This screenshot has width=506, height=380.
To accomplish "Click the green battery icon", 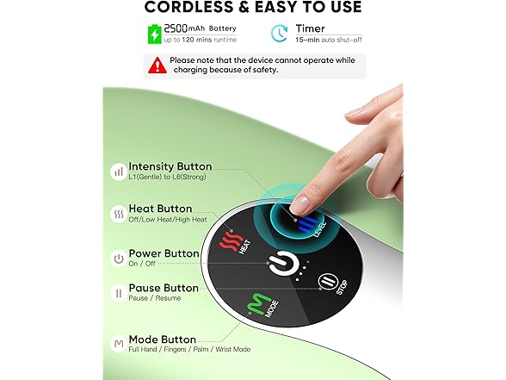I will tap(155, 34).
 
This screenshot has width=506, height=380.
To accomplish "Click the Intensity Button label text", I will tap(170, 166).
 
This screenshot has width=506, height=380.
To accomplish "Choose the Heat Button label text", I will tap(160, 209).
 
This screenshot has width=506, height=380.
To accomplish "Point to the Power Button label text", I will tap(164, 254).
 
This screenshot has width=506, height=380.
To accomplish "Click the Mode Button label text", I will tap(162, 340).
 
